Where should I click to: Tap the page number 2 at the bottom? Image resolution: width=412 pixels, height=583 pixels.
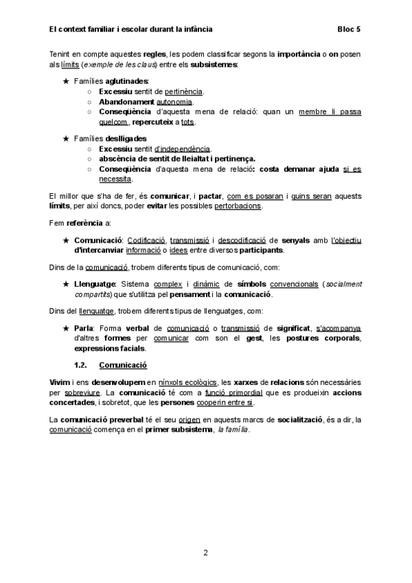pos(205,552)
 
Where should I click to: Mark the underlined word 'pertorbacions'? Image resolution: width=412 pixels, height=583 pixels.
pos(238,206)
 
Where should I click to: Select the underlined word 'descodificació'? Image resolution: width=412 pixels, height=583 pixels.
pos(242,239)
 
